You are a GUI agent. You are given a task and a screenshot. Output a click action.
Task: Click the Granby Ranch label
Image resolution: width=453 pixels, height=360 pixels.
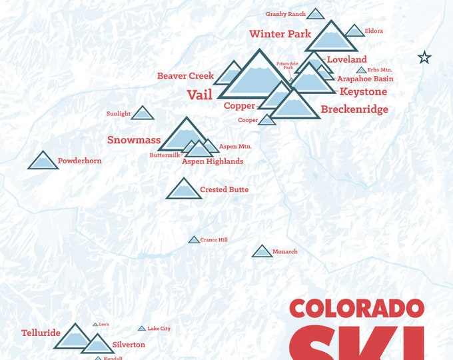[285, 14]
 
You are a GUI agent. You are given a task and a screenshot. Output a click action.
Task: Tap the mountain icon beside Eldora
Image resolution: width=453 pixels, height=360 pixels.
[355, 31]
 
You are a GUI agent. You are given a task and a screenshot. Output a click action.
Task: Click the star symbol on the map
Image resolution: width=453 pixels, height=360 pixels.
[424, 57]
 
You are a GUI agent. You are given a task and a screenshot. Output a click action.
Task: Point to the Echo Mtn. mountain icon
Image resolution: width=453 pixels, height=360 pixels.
[361, 70]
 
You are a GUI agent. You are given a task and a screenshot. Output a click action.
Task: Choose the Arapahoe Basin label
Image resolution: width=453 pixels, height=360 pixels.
[365, 79]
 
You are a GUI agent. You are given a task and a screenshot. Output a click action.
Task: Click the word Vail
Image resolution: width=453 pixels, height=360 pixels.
[199, 95]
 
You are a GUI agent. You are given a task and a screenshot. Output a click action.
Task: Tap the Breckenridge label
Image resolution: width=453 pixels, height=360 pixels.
[354, 109]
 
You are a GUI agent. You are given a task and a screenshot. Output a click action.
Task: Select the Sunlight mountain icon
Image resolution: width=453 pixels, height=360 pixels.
[143, 113]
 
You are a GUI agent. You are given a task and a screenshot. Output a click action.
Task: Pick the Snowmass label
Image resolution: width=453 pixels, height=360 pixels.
[134, 140]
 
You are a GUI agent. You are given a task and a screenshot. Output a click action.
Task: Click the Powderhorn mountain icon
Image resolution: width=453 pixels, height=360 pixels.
[43, 161]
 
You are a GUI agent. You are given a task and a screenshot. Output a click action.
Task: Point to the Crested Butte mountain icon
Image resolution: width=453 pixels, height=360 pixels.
[183, 189]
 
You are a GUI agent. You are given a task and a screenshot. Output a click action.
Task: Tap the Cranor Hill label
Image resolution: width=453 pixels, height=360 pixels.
[214, 240]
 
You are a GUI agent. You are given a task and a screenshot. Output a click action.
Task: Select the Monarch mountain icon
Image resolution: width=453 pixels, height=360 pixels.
[262, 251]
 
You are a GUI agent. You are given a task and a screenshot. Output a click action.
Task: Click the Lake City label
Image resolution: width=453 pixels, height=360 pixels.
[159, 329]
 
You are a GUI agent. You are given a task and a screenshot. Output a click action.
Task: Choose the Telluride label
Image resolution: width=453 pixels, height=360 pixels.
[41, 333]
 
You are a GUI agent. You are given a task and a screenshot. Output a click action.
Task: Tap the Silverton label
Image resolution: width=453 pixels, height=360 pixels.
[129, 345]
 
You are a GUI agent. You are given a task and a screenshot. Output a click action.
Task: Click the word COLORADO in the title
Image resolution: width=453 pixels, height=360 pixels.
[356, 309]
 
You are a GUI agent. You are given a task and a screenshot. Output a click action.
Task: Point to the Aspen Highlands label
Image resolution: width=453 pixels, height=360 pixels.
[213, 161]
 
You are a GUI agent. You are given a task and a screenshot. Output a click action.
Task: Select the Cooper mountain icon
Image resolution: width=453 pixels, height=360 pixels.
[266, 120]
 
